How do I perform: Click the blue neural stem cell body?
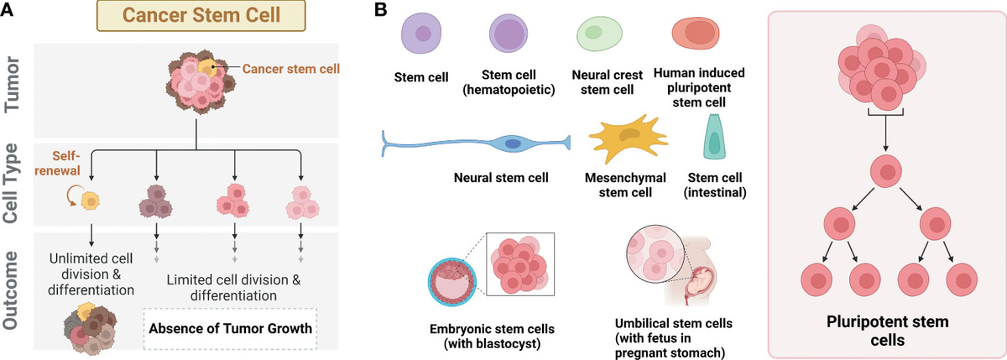tap(512, 144)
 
